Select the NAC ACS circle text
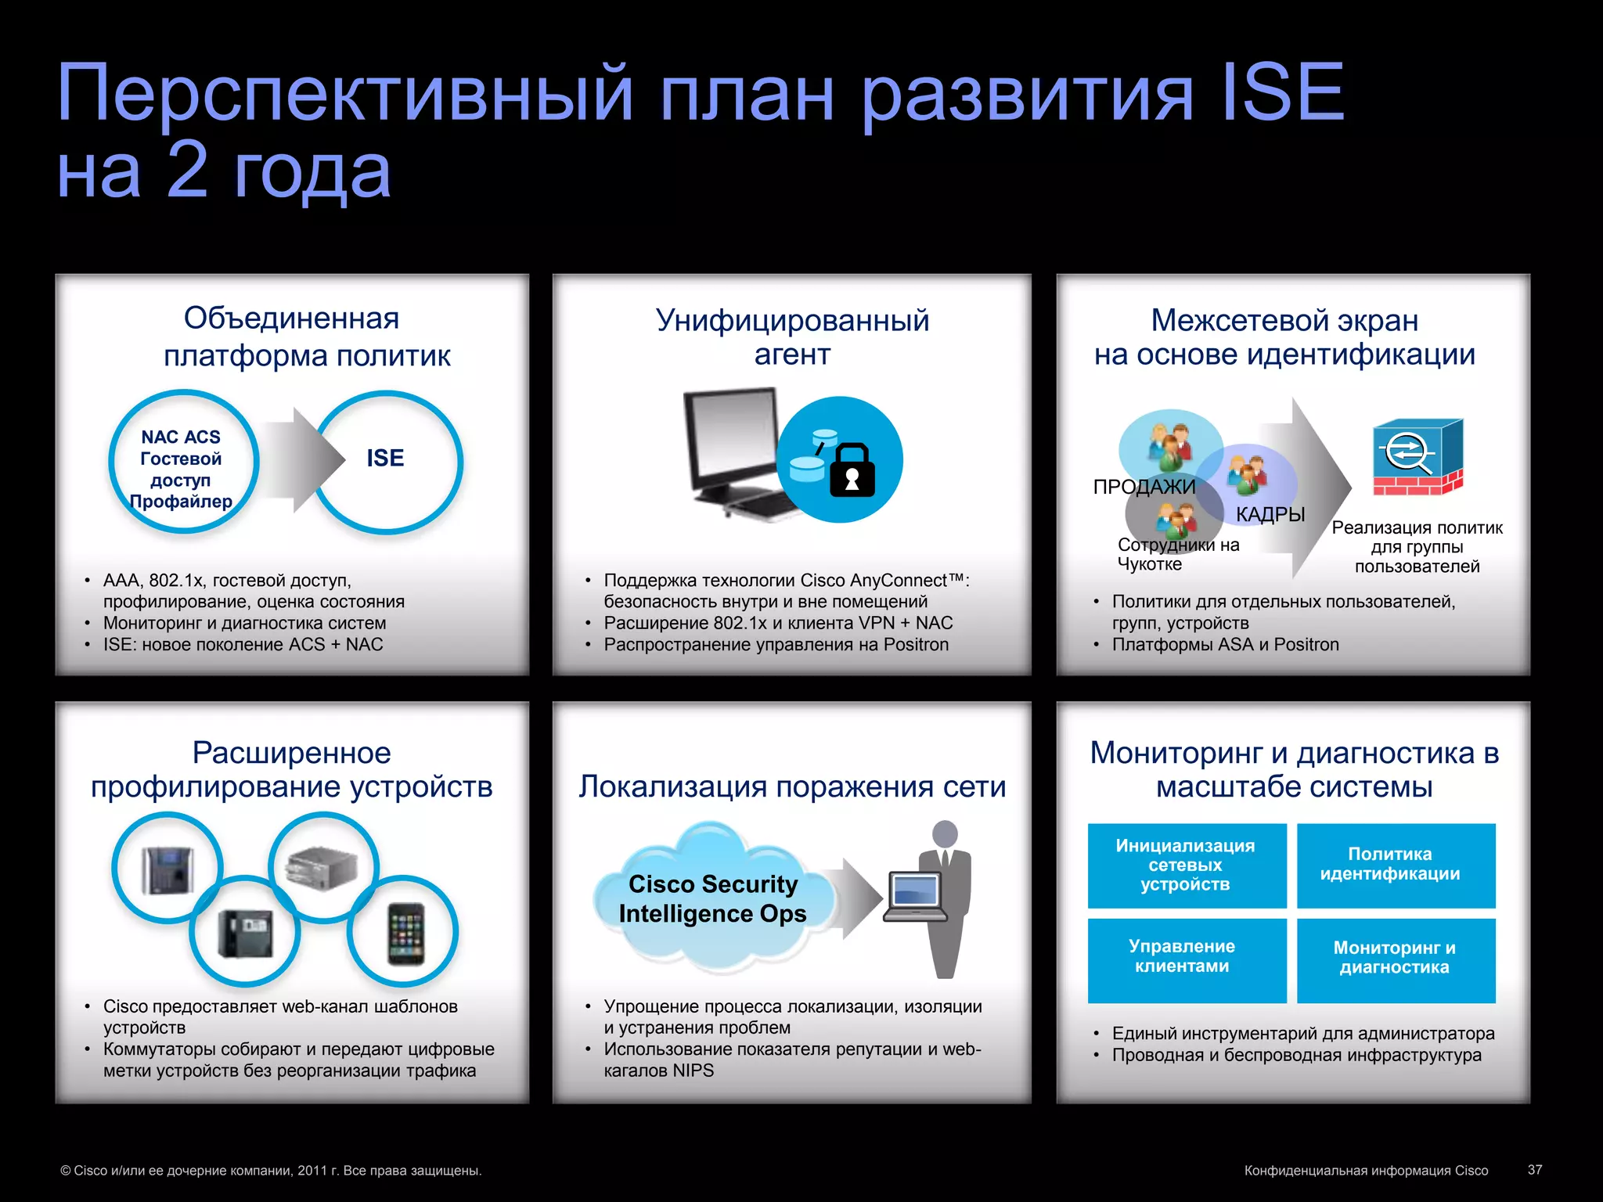pyautogui.click(x=181, y=468)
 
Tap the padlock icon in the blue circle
pyautogui.click(x=852, y=471)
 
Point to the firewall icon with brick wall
pyautogui.click(x=1417, y=457)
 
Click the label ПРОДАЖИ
pyautogui.click(x=1144, y=487)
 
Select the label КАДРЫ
pyautogui.click(x=1270, y=514)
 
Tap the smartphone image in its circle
pyautogui.click(x=405, y=933)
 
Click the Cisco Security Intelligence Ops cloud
pyautogui.click(x=711, y=898)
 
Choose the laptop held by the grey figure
pyautogui.click(x=915, y=896)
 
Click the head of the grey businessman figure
pyautogui.click(x=945, y=833)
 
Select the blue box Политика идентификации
pyautogui.click(x=1396, y=865)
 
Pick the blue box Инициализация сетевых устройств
pyautogui.click(x=1186, y=865)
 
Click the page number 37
pyautogui.click(x=1534, y=1169)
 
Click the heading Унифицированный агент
pyautogui.click(x=792, y=337)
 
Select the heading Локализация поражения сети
pyautogui.click(x=792, y=786)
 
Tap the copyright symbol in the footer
pyautogui.click(x=66, y=1171)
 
